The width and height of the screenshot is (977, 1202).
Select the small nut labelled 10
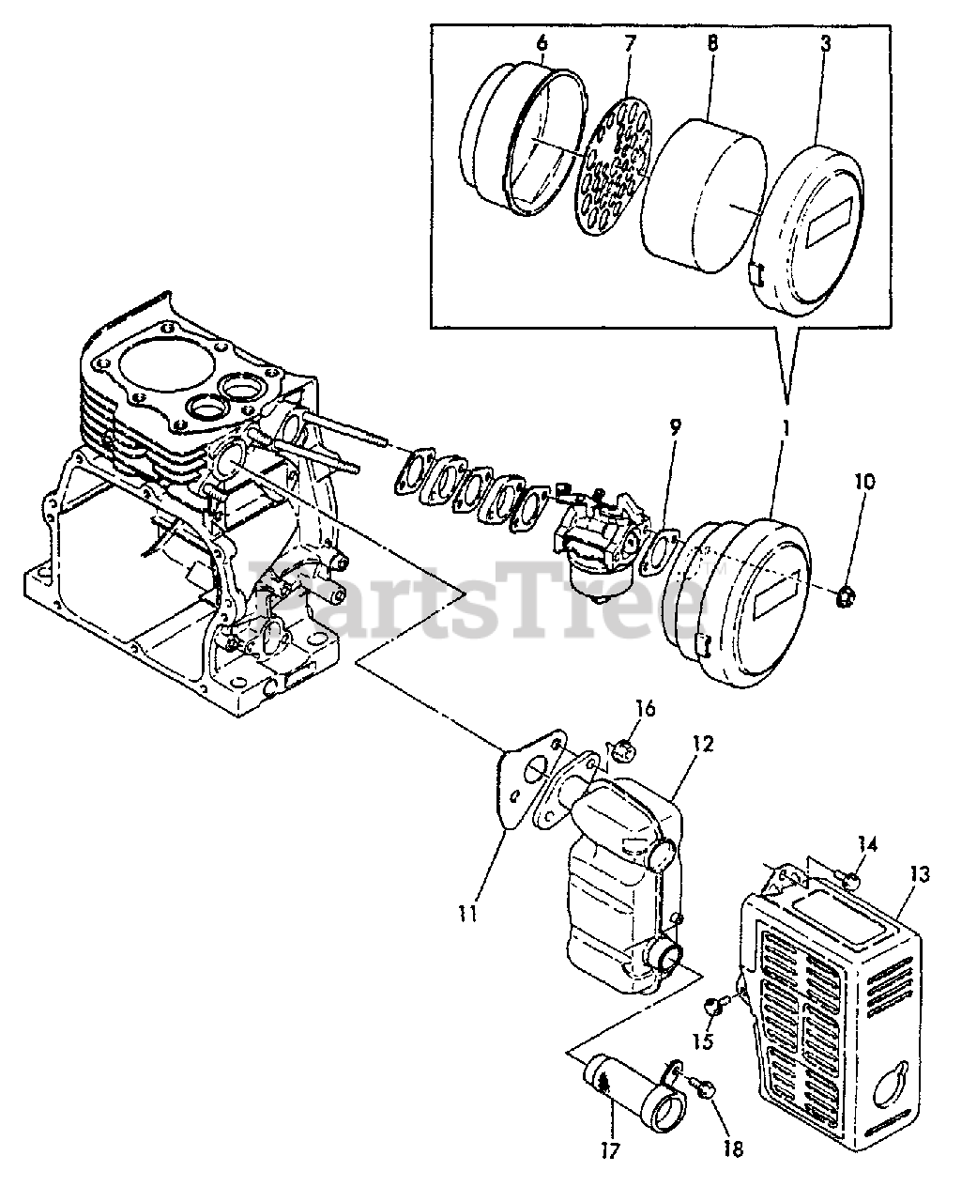click(x=844, y=593)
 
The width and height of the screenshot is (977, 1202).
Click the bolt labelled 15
click(x=712, y=1007)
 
